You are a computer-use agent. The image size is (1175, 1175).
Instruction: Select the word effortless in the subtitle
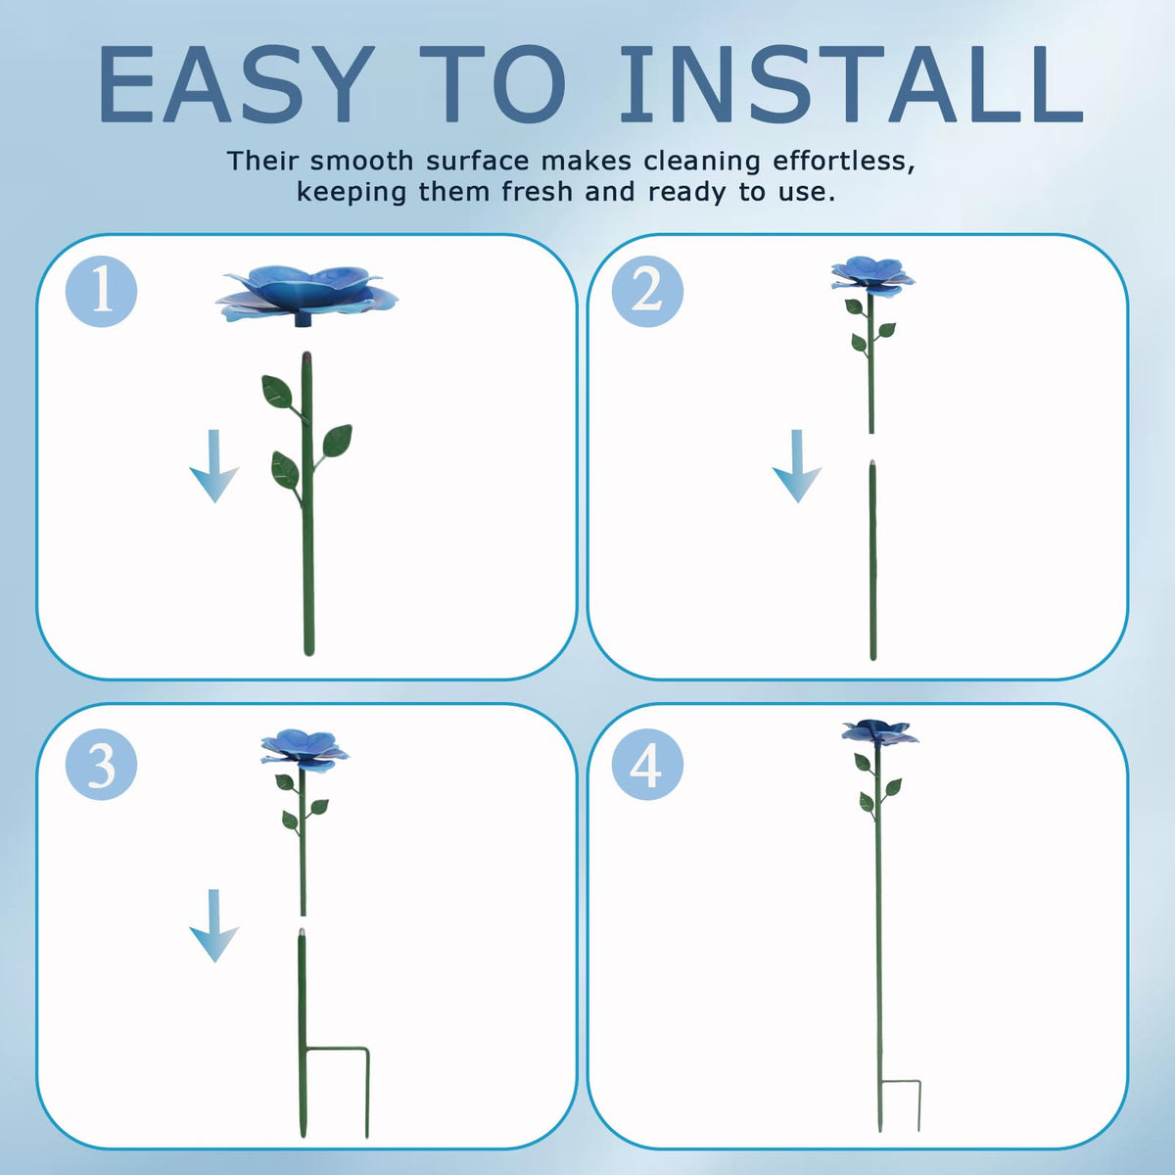[x=844, y=161]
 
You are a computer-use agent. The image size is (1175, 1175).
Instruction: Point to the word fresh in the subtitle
[x=538, y=192]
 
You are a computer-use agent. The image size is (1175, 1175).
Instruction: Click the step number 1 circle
[x=101, y=292]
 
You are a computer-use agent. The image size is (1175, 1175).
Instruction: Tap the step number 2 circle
[x=647, y=292]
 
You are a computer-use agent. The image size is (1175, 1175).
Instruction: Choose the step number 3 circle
[x=101, y=764]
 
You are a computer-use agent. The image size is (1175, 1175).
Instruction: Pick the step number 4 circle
[x=647, y=764]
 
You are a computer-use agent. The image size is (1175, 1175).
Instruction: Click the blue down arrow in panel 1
[x=214, y=466]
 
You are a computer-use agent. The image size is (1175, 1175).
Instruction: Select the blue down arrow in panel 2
[x=797, y=466]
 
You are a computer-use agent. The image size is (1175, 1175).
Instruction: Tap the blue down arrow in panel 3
[x=214, y=925]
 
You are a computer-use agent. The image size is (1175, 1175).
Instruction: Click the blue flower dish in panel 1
[x=306, y=296]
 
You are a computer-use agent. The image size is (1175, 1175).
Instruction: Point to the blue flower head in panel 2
[x=872, y=275]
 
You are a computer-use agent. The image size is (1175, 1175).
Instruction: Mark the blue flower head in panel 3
[x=305, y=749]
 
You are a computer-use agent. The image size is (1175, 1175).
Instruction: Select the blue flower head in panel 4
[x=880, y=731]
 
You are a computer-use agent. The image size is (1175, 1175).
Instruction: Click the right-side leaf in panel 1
[x=337, y=441]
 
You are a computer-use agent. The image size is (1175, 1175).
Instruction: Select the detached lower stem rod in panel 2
[x=873, y=560]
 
